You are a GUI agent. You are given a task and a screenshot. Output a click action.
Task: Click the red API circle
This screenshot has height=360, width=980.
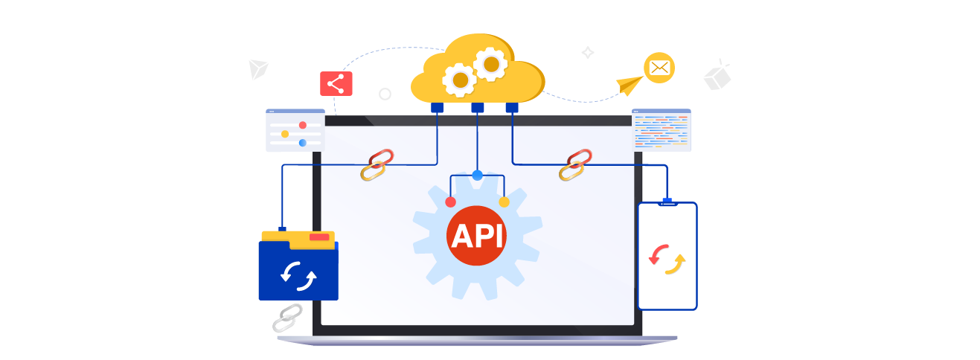[477, 236]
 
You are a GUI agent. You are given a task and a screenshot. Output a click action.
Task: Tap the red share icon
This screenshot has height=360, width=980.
[338, 83]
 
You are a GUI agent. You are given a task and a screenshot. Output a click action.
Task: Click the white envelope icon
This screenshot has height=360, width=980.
[659, 68]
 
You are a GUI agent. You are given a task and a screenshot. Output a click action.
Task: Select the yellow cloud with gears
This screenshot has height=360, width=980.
[473, 74]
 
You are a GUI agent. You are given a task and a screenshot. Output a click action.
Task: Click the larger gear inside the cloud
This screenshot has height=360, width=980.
[490, 64]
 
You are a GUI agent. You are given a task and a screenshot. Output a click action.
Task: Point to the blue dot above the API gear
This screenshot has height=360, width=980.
[477, 176]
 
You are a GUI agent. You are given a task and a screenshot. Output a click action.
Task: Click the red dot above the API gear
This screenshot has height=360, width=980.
[450, 202]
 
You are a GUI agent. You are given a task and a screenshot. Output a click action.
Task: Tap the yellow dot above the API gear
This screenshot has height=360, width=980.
[504, 202]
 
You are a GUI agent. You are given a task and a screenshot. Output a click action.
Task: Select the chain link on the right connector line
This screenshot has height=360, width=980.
[575, 165]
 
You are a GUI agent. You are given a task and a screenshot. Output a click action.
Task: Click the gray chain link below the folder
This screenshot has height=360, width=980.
[286, 318]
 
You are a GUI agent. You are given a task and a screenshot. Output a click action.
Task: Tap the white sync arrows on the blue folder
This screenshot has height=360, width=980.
[298, 275]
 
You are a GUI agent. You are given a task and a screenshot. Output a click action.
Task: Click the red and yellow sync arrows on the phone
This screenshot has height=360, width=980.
[667, 257]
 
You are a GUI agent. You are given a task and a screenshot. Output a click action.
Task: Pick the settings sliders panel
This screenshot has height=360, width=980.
[295, 132]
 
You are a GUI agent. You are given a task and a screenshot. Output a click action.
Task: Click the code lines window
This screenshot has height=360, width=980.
[661, 132]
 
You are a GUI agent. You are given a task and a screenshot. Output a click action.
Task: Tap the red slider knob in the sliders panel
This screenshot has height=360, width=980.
[302, 125]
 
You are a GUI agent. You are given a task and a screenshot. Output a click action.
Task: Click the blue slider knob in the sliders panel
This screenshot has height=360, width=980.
[302, 143]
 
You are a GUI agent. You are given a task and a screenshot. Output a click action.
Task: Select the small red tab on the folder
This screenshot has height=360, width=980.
[319, 237]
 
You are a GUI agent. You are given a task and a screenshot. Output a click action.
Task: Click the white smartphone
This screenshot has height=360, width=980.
[667, 256]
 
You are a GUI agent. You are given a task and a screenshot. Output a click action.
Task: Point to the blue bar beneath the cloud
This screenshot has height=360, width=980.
[477, 109]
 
